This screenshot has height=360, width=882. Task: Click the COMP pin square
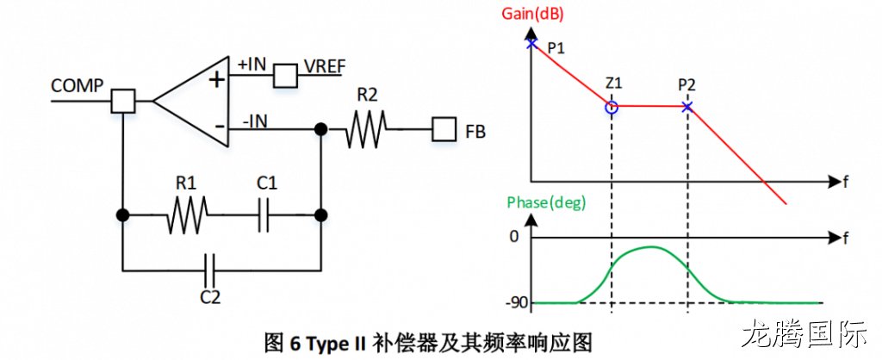(x=122, y=102)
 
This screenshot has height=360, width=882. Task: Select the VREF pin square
(x=285, y=76)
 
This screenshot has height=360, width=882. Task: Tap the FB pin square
(x=444, y=131)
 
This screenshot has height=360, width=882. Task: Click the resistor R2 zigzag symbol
(x=366, y=129)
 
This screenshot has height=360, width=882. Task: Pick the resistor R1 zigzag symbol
(x=187, y=214)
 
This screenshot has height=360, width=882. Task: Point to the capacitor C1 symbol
(x=264, y=214)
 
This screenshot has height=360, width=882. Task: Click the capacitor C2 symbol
(x=210, y=270)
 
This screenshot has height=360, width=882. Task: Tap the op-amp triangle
(x=192, y=102)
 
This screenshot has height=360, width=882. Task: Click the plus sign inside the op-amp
(x=216, y=80)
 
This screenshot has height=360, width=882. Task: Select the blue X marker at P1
(x=531, y=43)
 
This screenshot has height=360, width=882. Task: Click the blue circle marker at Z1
(x=612, y=107)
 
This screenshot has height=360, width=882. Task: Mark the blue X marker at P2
(x=686, y=106)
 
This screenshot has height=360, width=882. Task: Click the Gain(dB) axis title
(x=531, y=14)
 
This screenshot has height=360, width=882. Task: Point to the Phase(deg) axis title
(x=546, y=203)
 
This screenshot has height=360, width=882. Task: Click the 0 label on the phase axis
(x=513, y=238)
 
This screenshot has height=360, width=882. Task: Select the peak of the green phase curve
(x=651, y=247)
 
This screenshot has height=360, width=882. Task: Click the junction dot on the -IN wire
(x=320, y=129)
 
